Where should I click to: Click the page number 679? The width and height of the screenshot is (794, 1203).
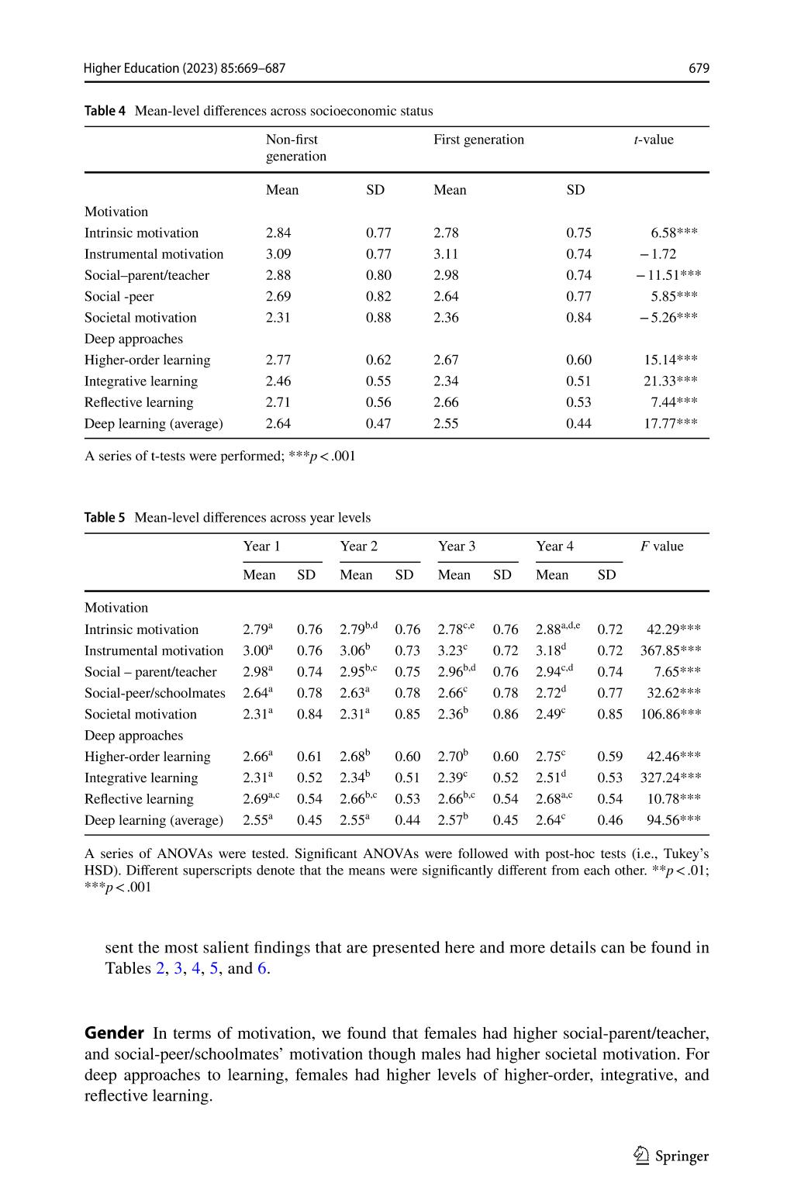point(699,68)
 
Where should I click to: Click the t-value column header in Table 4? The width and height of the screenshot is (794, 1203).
point(654,140)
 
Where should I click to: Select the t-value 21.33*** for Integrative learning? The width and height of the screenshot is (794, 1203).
point(671,381)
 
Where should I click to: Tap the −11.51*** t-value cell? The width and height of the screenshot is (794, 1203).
point(669,275)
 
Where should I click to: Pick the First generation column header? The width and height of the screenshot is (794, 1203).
point(478,140)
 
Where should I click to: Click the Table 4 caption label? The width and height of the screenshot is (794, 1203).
point(105,111)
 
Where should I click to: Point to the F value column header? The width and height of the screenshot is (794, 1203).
point(661,546)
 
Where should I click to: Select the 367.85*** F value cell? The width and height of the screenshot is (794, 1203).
point(670,650)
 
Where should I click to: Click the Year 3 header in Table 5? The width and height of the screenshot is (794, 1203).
point(457,546)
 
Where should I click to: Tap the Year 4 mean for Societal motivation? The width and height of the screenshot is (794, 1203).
point(551,714)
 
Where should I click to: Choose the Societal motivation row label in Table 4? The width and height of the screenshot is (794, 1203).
point(140,317)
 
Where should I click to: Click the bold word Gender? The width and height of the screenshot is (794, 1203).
point(114,1033)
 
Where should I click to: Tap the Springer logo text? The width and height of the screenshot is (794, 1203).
point(682,1156)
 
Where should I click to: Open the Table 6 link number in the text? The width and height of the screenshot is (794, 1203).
point(262,968)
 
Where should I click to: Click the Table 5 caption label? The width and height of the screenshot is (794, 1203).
point(105,517)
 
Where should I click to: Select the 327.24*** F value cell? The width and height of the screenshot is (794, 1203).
point(670,777)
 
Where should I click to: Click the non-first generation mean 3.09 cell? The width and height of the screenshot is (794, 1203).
point(278,253)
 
